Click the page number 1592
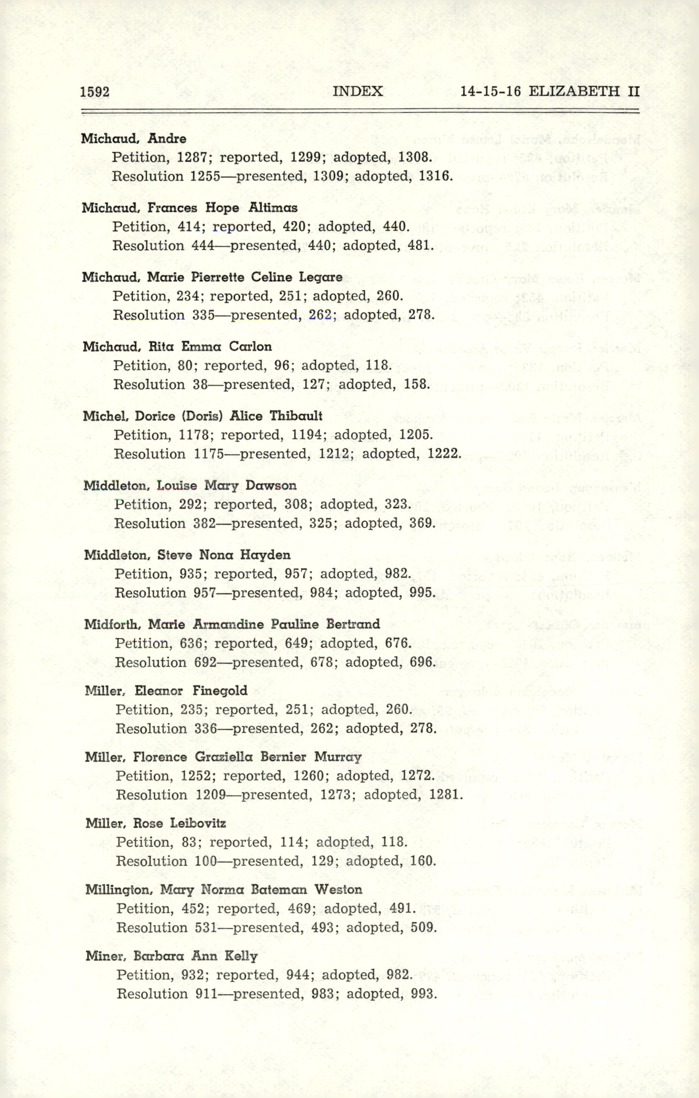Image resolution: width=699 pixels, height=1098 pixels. pos(95,92)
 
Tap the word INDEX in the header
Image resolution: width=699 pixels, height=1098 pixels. pos(358,91)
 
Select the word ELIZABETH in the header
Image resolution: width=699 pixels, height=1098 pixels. pos(574,91)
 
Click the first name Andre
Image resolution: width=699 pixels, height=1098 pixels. pos(167,139)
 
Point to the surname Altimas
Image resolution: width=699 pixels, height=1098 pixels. pos(273,208)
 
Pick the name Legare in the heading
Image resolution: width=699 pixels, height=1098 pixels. pos(321,277)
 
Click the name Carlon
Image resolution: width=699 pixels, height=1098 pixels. pos(250,347)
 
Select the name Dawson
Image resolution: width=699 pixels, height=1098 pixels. pos(271,485)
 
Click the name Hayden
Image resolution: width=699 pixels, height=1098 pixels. pos(265,555)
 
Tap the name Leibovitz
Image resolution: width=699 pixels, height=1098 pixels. pos(198,823)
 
